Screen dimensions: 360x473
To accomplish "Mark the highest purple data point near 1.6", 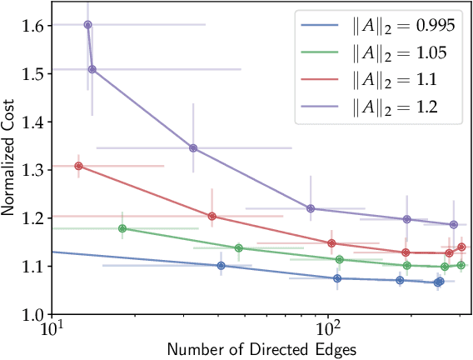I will pyautogui.click(x=88, y=25).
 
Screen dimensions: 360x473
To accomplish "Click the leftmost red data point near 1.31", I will pyautogui.click(x=79, y=166).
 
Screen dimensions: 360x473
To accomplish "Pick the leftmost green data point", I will pyautogui.click(x=122, y=228).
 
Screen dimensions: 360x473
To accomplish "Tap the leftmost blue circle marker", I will pyautogui.click(x=221, y=266).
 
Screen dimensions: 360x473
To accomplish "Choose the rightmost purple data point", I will pyautogui.click(x=454, y=225).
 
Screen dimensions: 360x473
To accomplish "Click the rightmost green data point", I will pyautogui.click(x=461, y=265).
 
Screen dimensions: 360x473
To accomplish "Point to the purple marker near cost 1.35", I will pyautogui.click(x=193, y=148).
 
